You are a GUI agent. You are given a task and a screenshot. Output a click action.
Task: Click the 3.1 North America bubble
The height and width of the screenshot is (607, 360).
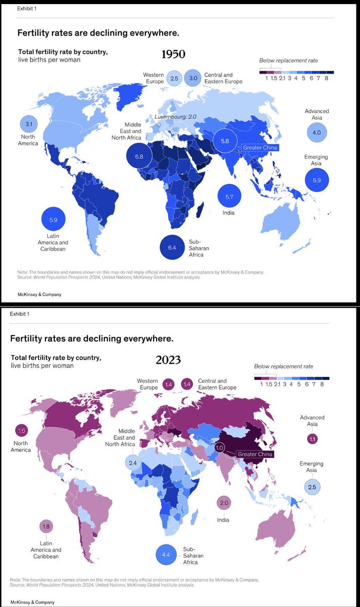(x=28, y=123)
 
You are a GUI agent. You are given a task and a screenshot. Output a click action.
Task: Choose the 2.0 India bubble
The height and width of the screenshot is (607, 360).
(x=224, y=503)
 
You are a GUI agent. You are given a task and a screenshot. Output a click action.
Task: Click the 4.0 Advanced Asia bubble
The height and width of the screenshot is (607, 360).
(x=317, y=133)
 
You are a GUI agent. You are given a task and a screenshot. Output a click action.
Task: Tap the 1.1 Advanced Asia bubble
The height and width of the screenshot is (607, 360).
(x=312, y=439)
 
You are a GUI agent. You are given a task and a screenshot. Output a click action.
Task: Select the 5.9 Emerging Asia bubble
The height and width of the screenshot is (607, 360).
(x=317, y=180)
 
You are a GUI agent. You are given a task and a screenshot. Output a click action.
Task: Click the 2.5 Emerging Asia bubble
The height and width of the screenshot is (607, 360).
(x=312, y=487)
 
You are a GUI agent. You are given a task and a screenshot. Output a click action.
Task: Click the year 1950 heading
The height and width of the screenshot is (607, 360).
(x=173, y=54)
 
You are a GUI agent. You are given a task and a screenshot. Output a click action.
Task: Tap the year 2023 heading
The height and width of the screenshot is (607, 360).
(x=168, y=360)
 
